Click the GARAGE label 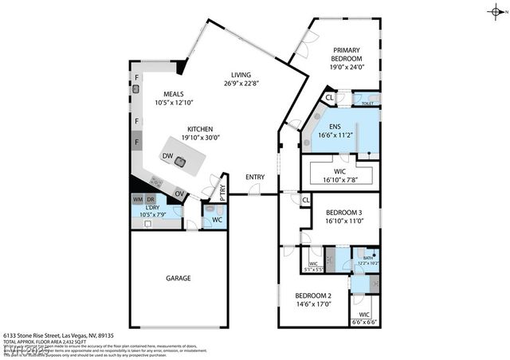pyautogui.click(x=178, y=278)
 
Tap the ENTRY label pyautogui.click(x=255, y=177)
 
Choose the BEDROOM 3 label pyautogui.click(x=344, y=212)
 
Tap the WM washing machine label pyautogui.click(x=137, y=198)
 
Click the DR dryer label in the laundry pyautogui.click(x=150, y=198)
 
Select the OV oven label pyautogui.click(x=180, y=193)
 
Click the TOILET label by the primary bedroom pyautogui.click(x=367, y=104)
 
